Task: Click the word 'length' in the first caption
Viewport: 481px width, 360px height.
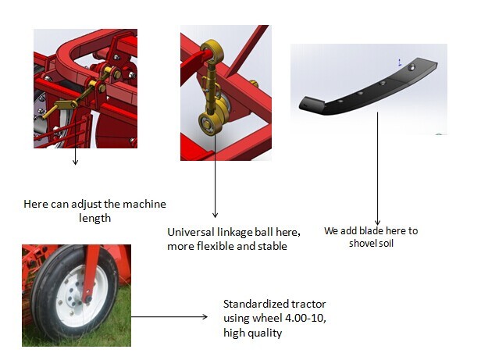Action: (x=94, y=219)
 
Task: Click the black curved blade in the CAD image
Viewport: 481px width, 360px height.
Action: (x=359, y=96)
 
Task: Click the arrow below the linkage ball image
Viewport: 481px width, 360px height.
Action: (x=215, y=187)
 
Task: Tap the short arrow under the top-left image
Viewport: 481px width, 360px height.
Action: (x=76, y=156)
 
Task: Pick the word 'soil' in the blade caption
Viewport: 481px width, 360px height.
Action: (x=390, y=243)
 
